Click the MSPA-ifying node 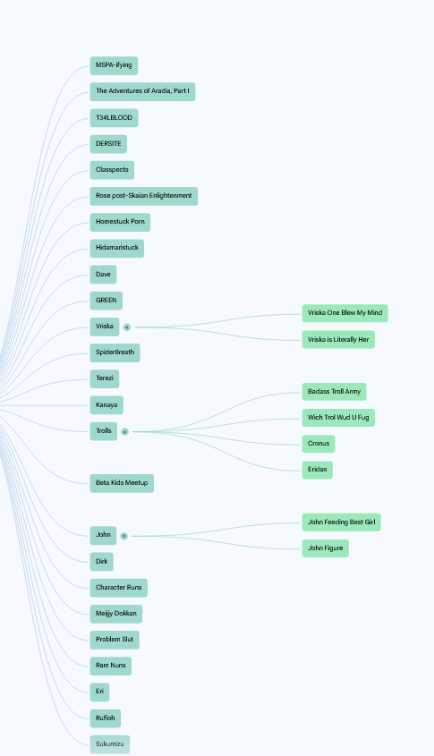tap(114, 65)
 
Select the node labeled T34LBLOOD tap(114, 117)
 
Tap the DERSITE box tap(108, 144)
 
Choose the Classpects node tap(112, 170)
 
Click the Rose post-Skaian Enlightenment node tap(144, 196)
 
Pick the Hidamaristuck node tap(116, 249)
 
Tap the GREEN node tap(106, 301)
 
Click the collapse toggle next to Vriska tap(127, 327)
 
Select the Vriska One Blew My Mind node tap(345, 313)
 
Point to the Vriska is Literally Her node tap(338, 339)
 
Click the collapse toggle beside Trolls tap(125, 432)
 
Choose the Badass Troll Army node tap(334, 392)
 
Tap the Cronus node tap(319, 444)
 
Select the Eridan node tap(318, 470)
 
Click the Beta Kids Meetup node tap(122, 483)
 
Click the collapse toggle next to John tap(123, 536)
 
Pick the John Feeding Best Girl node tap(342, 522)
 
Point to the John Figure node tap(326, 548)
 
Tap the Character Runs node tap(119, 588)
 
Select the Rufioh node tap(105, 718)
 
